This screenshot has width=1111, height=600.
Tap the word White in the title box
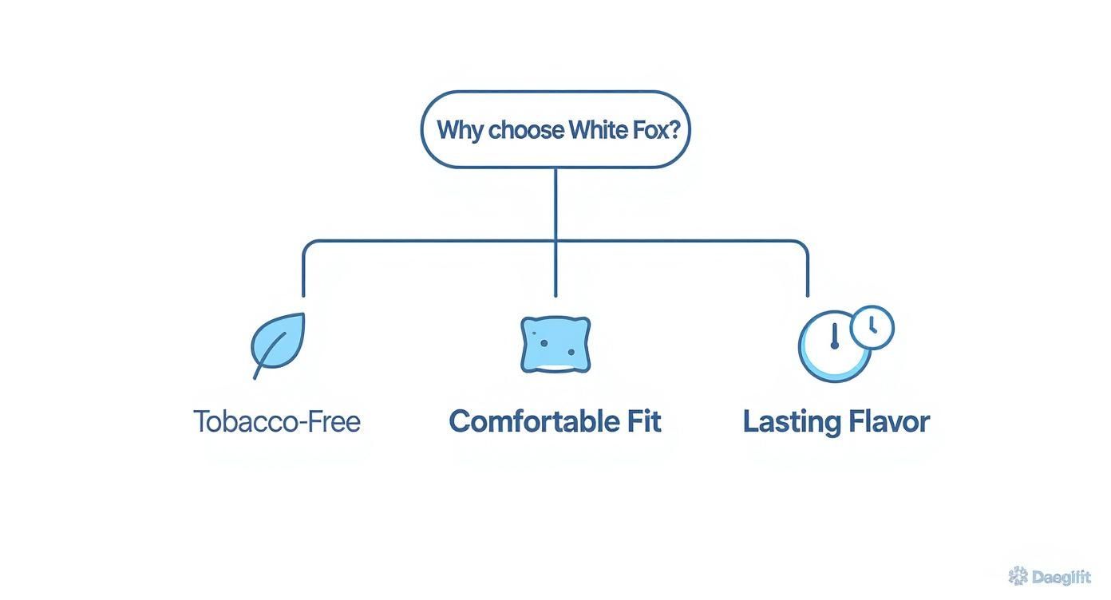599,130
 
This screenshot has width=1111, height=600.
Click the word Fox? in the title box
658,130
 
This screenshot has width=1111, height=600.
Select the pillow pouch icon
555,344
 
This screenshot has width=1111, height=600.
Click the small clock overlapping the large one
872,326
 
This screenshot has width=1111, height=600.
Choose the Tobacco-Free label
277,421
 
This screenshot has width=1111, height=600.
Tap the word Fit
643,421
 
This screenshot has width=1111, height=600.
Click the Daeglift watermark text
1060,577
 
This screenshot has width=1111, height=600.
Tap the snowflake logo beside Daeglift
1018,576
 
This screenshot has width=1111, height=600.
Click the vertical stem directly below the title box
555,203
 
